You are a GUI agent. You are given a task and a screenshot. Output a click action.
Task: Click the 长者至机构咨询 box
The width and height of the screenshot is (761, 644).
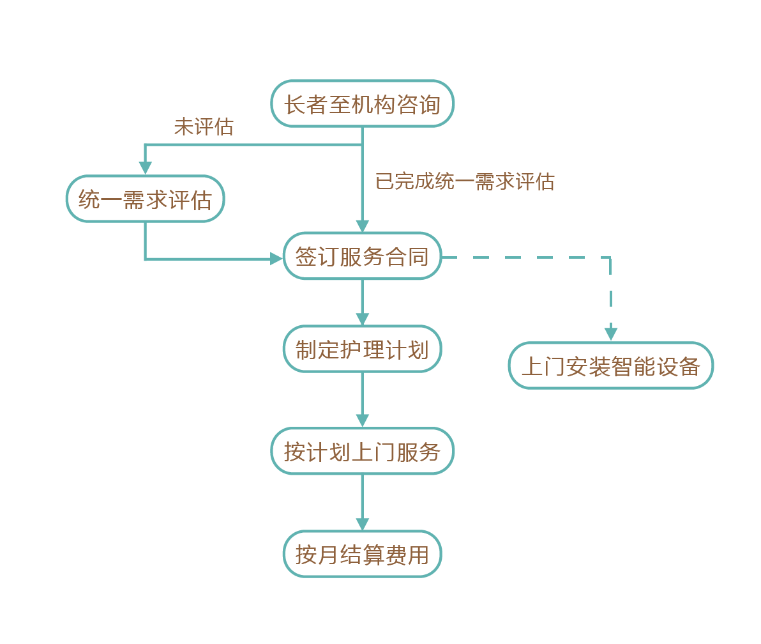pyautogui.click(x=362, y=103)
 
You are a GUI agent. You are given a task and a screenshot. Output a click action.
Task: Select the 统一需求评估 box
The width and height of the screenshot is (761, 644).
pyautogui.click(x=146, y=199)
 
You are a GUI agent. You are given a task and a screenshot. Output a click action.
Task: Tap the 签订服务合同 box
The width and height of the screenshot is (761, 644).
pyautogui.click(x=362, y=256)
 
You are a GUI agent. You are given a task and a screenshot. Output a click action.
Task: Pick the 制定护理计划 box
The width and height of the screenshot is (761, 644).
pyautogui.click(x=362, y=349)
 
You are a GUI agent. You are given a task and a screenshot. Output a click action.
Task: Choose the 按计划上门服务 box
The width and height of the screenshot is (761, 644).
pyautogui.click(x=362, y=451)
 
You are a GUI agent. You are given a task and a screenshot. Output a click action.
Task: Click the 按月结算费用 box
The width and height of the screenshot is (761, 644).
pyautogui.click(x=362, y=554)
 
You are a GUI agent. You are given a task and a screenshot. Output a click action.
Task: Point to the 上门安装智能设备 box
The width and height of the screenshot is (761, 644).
pyautogui.click(x=610, y=365)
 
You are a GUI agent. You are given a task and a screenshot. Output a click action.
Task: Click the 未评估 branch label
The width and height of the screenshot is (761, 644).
pyautogui.click(x=204, y=126)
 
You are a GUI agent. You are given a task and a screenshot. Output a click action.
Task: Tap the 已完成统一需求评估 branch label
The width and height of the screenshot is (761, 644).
pyautogui.click(x=465, y=181)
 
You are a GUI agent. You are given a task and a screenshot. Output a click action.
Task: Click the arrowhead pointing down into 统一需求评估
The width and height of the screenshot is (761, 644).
pyautogui.click(x=146, y=168)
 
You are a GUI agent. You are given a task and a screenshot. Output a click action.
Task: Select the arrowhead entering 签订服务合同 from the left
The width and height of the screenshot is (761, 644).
pyautogui.click(x=276, y=259)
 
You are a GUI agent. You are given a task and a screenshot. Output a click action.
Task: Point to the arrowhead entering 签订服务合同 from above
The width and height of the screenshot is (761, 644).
pyautogui.click(x=362, y=226)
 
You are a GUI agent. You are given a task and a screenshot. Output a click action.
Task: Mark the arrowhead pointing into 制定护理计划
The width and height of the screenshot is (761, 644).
pyautogui.click(x=362, y=319)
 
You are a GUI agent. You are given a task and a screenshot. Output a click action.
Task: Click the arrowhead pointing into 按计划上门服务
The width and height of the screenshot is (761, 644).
pyautogui.click(x=362, y=421)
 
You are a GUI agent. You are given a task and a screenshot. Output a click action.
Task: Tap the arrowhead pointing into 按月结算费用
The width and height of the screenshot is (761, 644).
pyautogui.click(x=362, y=524)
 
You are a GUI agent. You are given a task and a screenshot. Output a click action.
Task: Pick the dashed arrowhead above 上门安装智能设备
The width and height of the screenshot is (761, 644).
pyautogui.click(x=611, y=334)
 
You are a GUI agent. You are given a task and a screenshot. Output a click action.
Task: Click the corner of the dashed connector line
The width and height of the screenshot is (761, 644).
pyautogui.click(x=610, y=258)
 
